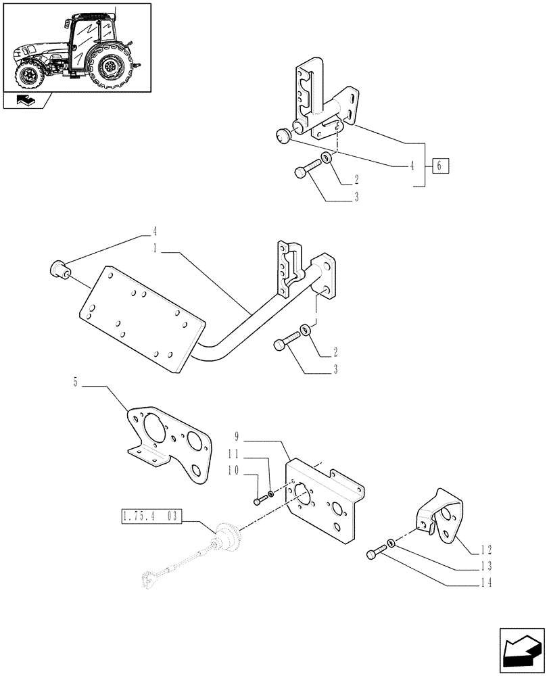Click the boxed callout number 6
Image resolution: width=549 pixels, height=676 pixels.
439,166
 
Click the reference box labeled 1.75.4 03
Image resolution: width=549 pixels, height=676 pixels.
150,517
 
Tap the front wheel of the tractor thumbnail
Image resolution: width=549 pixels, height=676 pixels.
30,74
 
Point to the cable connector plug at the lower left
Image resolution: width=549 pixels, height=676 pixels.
149,577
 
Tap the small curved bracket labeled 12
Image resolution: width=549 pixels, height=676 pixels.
440,517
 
